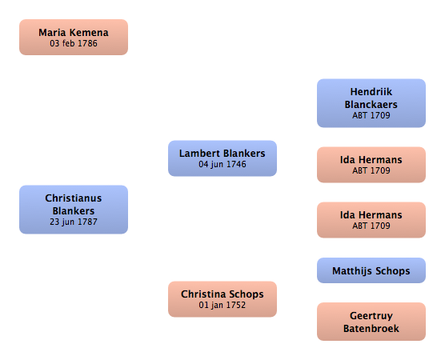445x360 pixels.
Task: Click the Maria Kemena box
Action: pyautogui.click(x=74, y=37)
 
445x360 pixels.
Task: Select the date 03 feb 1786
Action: pyautogui.click(x=74, y=43)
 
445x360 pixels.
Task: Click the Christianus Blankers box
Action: pyautogui.click(x=74, y=210)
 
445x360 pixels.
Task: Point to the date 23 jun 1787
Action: pyautogui.click(x=74, y=222)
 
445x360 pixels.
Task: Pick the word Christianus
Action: pyautogui.click(x=74, y=198)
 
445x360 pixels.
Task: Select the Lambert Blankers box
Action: pyautogui.click(x=222, y=158)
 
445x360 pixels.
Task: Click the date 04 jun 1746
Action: pyautogui.click(x=222, y=164)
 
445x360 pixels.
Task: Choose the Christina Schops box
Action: pyautogui.click(x=222, y=299)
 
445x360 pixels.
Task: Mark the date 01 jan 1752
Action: pyautogui.click(x=222, y=305)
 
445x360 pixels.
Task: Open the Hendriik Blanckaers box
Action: pyautogui.click(x=371, y=103)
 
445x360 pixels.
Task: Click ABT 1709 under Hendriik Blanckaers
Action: pyautogui.click(x=371, y=115)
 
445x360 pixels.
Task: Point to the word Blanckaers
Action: pyautogui.click(x=371, y=105)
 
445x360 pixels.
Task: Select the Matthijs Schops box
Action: pyautogui.click(x=371, y=270)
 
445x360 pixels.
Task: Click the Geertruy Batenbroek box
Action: pyautogui.click(x=371, y=322)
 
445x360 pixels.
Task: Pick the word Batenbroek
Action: pyautogui.click(x=371, y=329)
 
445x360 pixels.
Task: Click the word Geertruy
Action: pyautogui.click(x=371, y=316)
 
